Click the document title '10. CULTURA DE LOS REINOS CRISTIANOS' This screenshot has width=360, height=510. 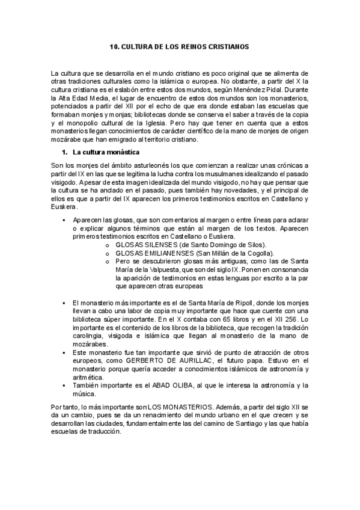180,46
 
